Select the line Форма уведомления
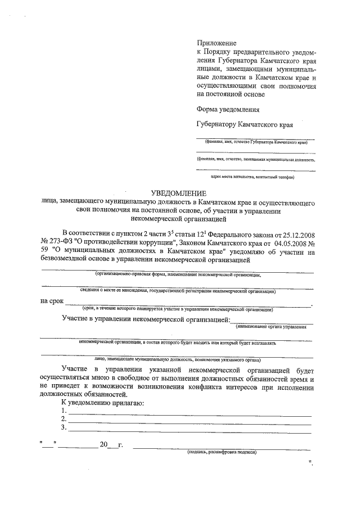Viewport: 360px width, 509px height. click(x=228, y=110)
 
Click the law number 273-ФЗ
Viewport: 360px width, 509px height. click(x=59, y=242)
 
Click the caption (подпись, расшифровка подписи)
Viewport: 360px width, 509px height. click(x=222, y=452)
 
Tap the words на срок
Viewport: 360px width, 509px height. click(x=52, y=301)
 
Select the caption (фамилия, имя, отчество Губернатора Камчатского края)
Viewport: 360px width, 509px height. click(x=255, y=143)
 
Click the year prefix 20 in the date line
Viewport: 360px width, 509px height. click(x=103, y=445)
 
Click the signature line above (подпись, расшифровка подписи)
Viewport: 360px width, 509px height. click(x=222, y=447)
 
